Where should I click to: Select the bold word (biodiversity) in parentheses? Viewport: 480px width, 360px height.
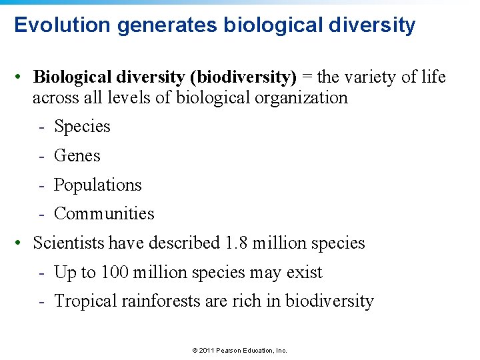click(x=243, y=77)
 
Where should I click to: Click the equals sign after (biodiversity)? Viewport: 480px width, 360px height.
click(x=307, y=77)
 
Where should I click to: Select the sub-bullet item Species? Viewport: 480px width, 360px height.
click(x=82, y=127)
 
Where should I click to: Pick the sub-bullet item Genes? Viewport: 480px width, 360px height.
click(x=77, y=156)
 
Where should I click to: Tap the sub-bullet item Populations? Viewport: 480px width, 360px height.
click(x=97, y=185)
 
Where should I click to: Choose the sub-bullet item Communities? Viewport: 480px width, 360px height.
click(x=103, y=214)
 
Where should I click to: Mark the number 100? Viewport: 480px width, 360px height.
click(x=115, y=273)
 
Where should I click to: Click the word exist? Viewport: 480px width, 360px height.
click(x=305, y=273)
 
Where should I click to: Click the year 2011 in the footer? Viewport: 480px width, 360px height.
click(x=204, y=350)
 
